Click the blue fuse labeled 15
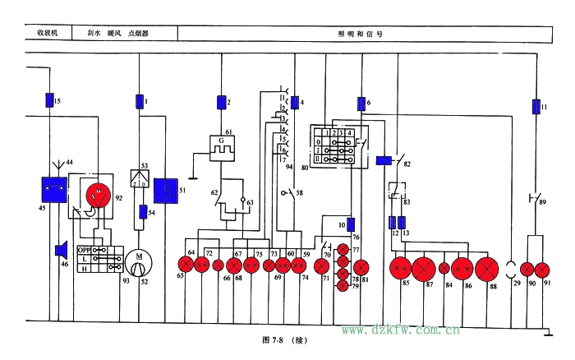coord(49,101)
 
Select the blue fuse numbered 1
coord(138,101)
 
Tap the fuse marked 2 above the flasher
coord(220,103)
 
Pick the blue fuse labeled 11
coord(536,107)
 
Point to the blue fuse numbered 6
coord(361,104)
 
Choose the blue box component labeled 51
coord(166,191)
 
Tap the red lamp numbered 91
coord(542,269)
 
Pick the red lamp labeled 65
coord(186,265)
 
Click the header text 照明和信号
coord(361,35)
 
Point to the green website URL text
coord(400,330)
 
